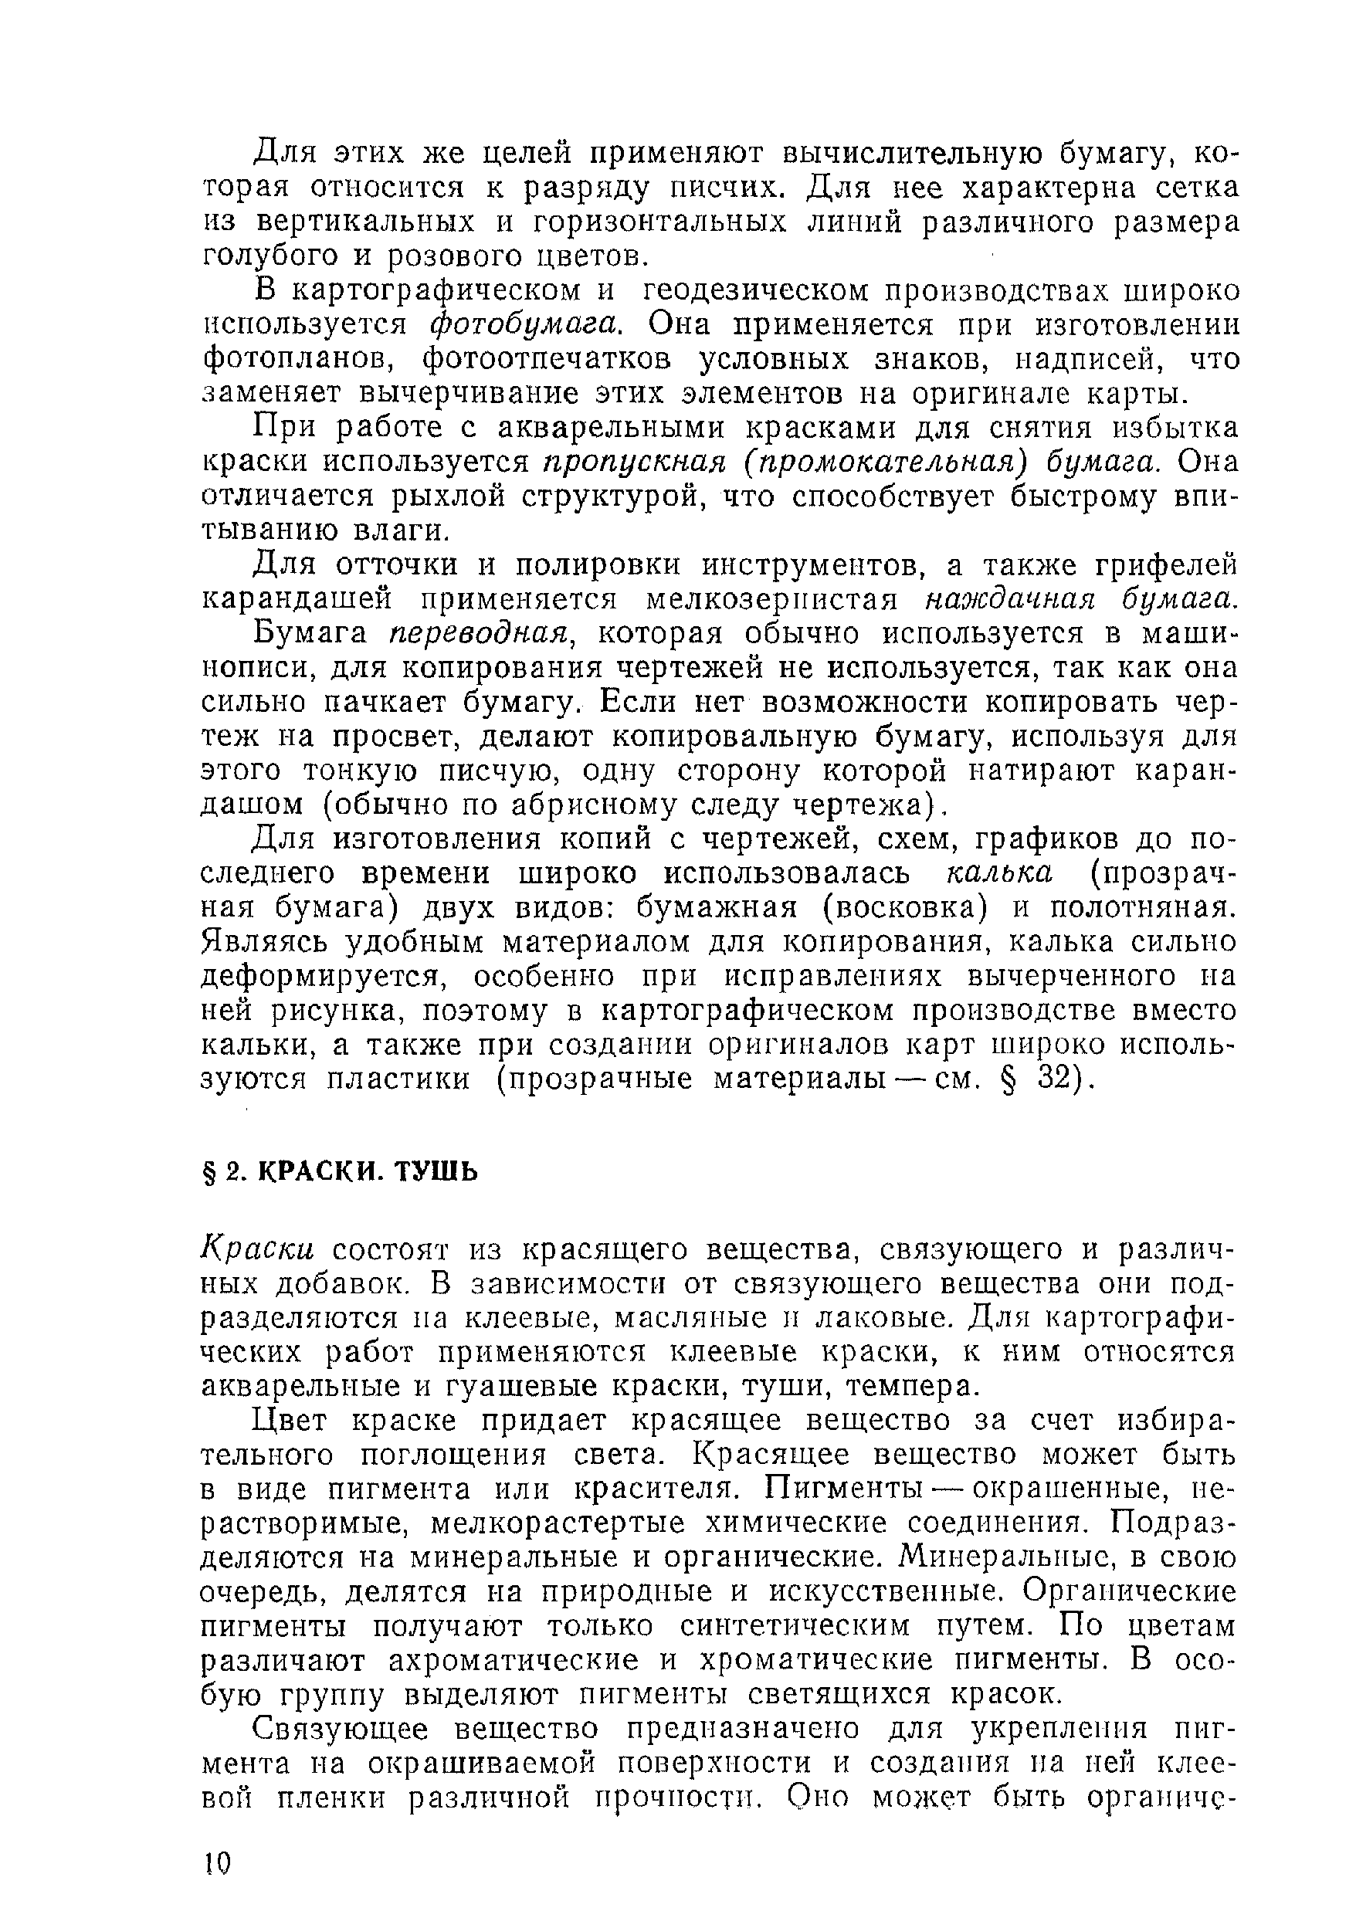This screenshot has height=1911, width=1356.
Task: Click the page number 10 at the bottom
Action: [x=216, y=1858]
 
